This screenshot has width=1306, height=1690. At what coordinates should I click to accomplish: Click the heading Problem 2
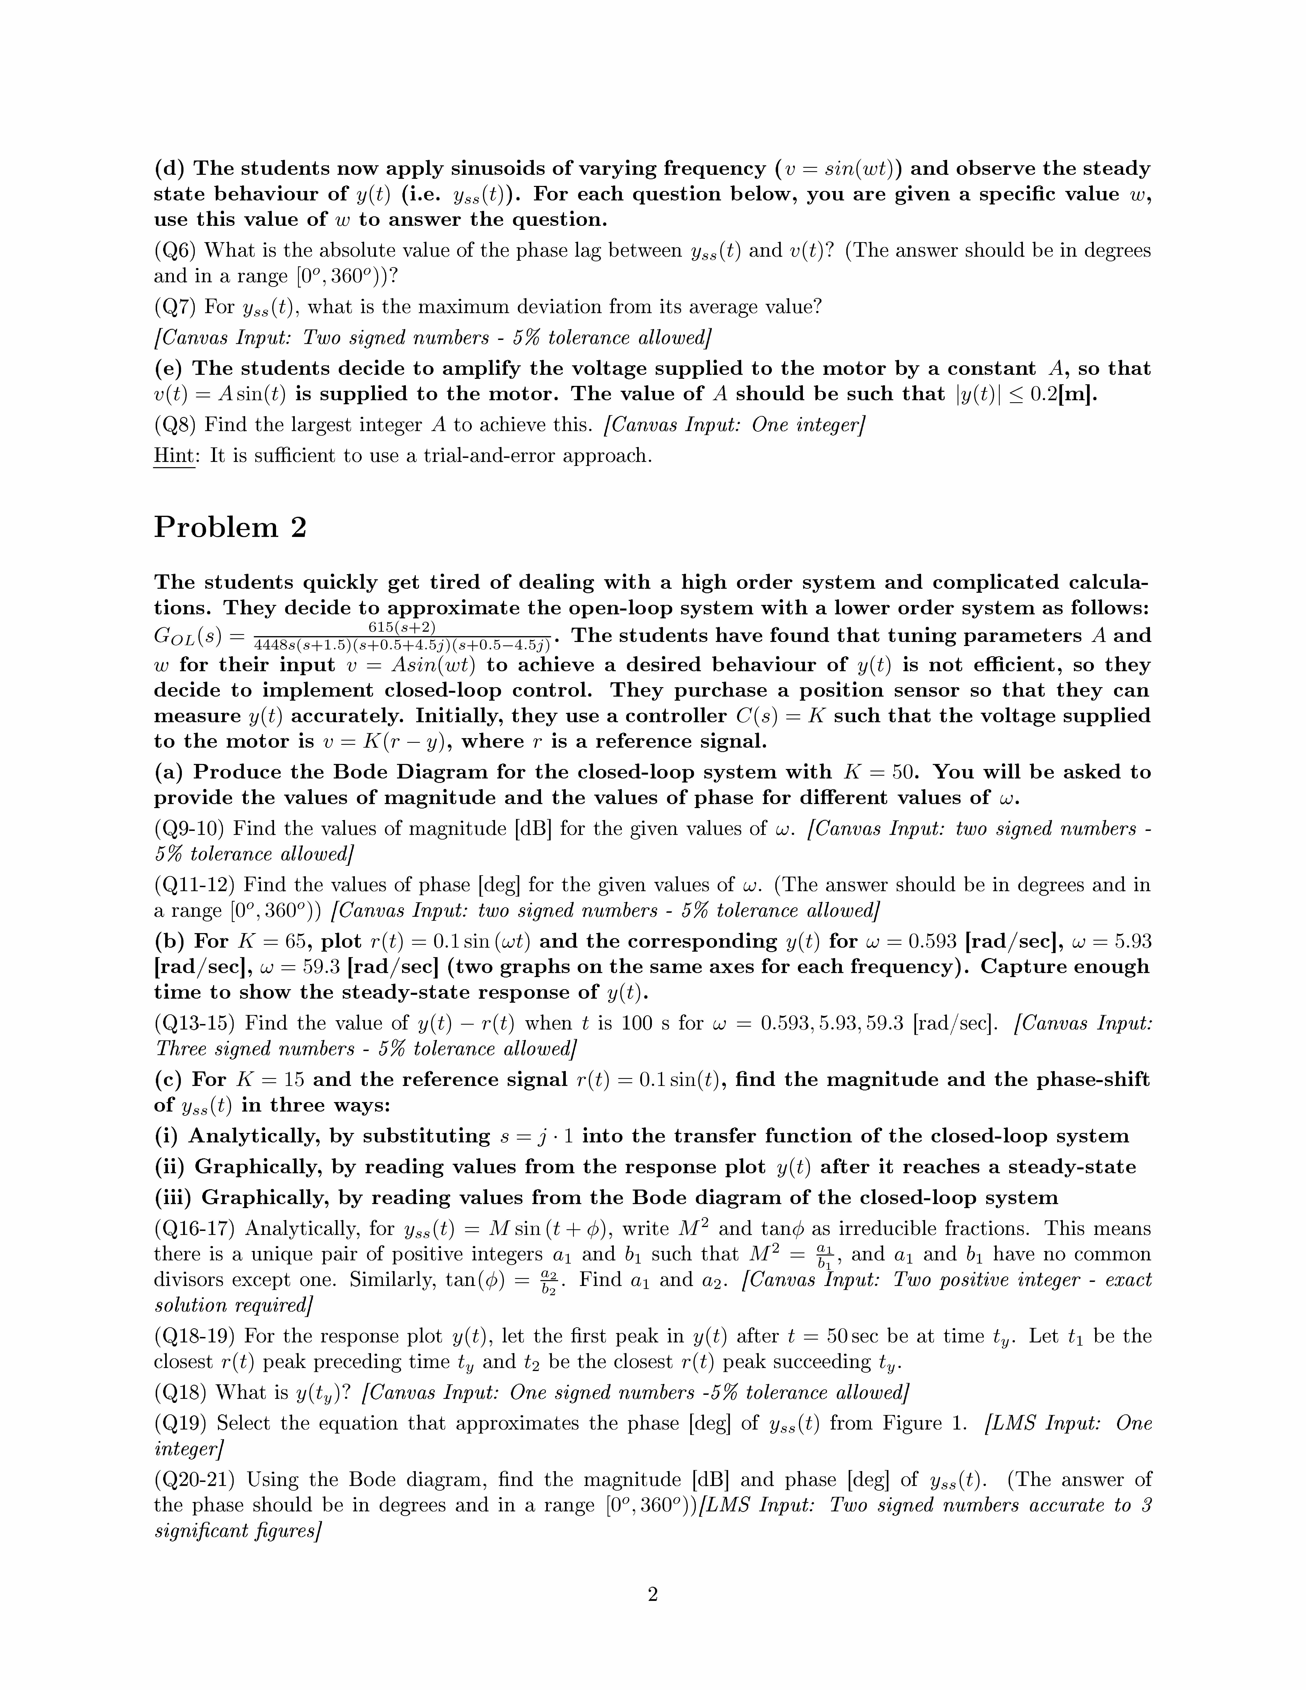tap(230, 528)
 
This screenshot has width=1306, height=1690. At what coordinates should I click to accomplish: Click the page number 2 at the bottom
tap(652, 1595)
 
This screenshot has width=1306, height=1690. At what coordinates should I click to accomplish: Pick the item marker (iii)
tap(174, 1198)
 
